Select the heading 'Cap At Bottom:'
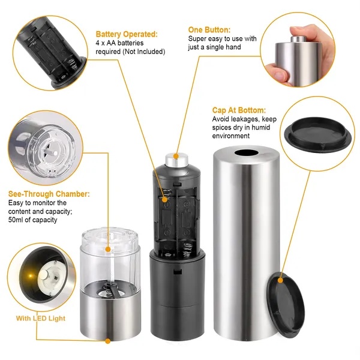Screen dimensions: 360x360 point(239,110)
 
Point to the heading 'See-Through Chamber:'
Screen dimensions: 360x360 point(49,194)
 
